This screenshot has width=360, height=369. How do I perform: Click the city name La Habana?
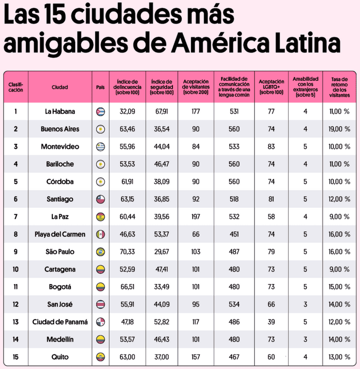(60, 112)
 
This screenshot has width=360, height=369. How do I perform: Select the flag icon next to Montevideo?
(101, 146)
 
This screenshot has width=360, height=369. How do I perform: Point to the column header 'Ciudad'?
(60, 87)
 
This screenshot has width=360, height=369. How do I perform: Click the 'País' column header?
(101, 87)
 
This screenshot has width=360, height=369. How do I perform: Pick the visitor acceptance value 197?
(195, 217)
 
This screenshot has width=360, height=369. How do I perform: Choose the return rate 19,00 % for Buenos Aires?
(339, 129)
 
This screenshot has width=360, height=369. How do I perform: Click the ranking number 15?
(15, 357)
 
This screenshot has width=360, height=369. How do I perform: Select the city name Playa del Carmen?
(60, 235)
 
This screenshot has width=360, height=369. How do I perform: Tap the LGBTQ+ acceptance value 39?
(271, 322)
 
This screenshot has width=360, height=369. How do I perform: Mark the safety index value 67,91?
(162, 112)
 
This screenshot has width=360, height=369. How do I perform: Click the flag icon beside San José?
(101, 304)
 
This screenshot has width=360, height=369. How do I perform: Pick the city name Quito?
(60, 357)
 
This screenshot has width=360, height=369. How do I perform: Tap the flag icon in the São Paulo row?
(101, 252)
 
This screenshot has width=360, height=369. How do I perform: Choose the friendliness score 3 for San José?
(305, 304)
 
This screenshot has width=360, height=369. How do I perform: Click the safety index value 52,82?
(162, 322)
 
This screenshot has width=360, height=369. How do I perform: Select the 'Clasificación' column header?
(15, 87)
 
